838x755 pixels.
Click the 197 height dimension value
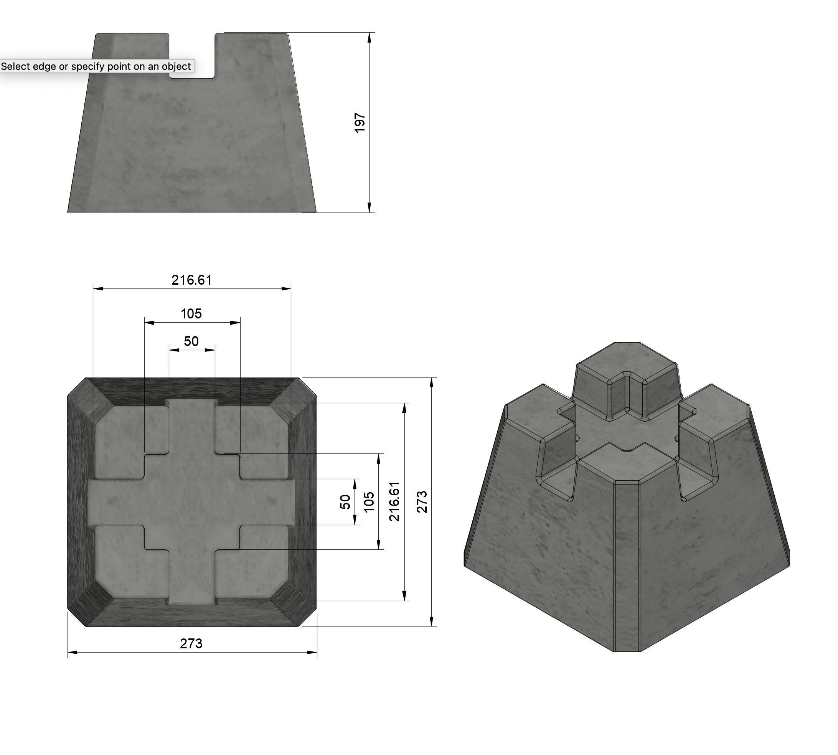[x=360, y=123]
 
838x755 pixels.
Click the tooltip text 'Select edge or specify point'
[x=96, y=66]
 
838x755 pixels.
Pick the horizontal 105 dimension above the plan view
[x=191, y=313]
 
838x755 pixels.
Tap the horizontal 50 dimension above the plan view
[x=191, y=341]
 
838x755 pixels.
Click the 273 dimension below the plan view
[x=191, y=643]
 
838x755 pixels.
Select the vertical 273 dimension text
[x=421, y=501]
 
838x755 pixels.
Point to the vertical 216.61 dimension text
[x=394, y=501]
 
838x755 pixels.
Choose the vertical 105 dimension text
[x=368, y=501]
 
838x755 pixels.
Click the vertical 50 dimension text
[x=345, y=501]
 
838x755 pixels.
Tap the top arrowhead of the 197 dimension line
[x=369, y=38]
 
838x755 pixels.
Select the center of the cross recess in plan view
[x=192, y=501]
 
